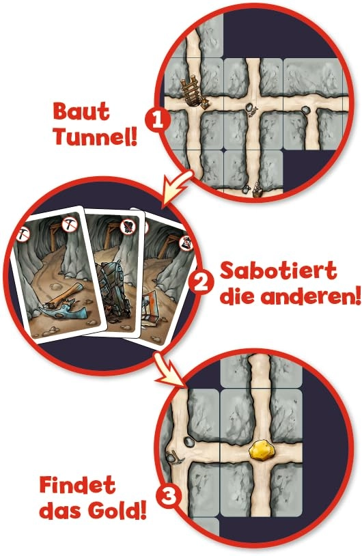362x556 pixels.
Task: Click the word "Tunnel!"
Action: [x=95, y=137]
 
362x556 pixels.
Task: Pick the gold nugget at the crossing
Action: [x=262, y=451]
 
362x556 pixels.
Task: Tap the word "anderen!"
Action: [x=304, y=298]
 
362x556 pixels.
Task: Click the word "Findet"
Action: [x=76, y=487]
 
